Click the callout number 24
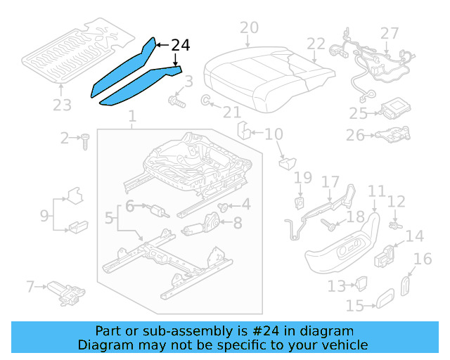click(180, 46)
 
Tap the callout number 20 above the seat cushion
click(249, 29)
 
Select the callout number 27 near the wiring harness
click(390, 34)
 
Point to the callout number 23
click(62, 105)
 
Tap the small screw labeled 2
click(84, 141)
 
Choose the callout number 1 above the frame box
click(131, 124)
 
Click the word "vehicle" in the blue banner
click(342, 345)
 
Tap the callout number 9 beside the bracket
click(44, 214)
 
